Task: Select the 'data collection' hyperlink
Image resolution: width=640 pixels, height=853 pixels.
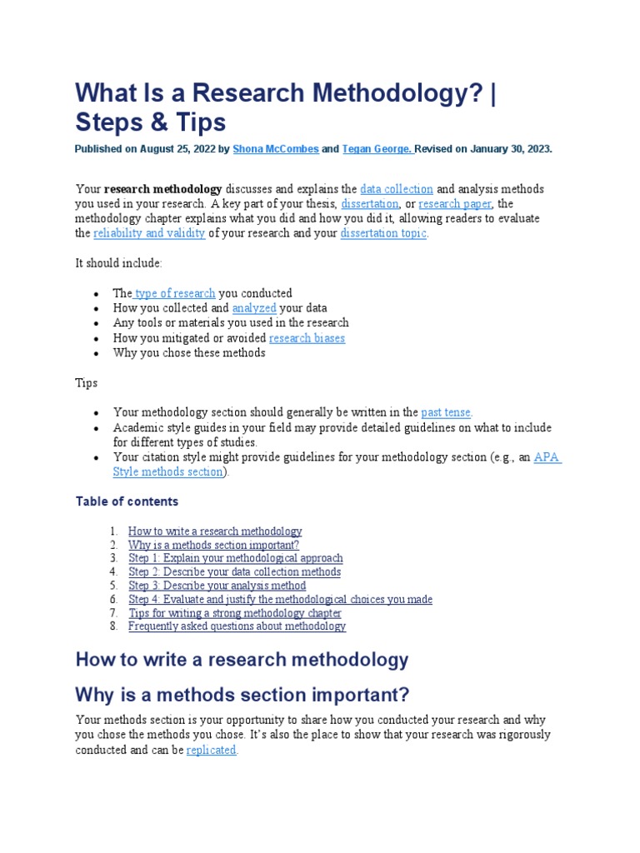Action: point(396,189)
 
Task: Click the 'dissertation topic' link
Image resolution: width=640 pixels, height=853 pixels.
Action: point(383,233)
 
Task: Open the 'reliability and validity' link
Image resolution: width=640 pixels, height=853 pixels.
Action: point(149,233)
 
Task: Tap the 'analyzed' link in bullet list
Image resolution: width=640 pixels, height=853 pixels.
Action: point(254,308)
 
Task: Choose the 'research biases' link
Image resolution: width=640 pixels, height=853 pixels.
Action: point(307,338)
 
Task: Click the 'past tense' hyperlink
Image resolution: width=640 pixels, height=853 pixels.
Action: point(446,412)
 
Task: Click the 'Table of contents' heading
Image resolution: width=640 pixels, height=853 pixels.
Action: point(127,501)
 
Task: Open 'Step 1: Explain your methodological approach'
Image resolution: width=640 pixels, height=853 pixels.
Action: point(235,558)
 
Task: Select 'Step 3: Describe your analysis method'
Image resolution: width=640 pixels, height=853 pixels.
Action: point(217,586)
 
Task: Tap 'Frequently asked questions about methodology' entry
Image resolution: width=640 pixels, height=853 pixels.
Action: point(237,626)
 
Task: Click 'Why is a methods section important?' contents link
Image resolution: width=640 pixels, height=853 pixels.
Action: point(213,545)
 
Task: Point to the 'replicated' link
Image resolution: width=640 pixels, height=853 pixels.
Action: point(212,750)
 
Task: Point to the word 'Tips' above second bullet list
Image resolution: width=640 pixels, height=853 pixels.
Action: point(87,383)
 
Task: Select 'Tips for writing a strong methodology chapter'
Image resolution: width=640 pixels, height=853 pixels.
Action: point(235,613)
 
